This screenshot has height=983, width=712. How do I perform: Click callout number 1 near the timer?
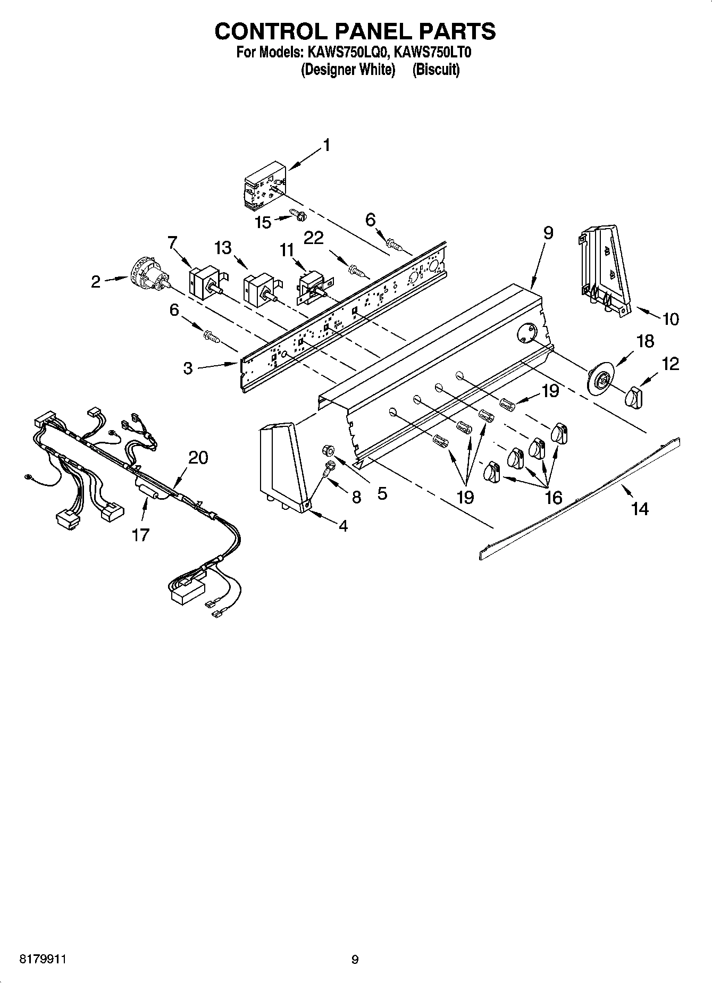326,145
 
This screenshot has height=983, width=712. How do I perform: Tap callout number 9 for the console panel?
548,233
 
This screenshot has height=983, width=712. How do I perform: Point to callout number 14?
640,509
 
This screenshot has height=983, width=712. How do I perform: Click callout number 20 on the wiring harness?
198,457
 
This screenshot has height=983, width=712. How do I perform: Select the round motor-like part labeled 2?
148,274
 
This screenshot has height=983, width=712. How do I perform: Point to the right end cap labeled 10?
604,268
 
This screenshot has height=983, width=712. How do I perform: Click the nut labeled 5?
328,451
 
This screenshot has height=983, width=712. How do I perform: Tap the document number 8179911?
43,960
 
